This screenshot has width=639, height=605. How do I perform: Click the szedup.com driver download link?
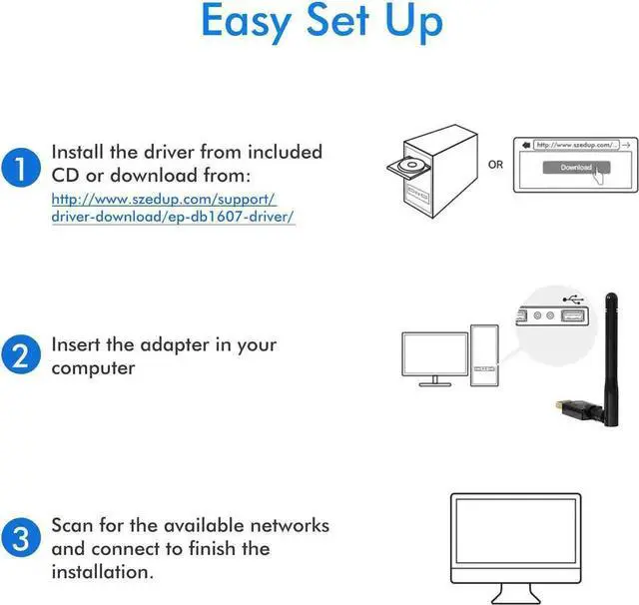pos(173,208)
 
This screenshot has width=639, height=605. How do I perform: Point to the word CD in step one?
pos(67,175)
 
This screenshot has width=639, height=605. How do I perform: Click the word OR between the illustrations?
pos(496,166)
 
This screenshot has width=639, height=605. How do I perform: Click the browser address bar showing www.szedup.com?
pos(574,145)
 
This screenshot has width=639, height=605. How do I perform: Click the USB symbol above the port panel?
pos(573,298)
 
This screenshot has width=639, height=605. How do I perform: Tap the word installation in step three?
pos(103,572)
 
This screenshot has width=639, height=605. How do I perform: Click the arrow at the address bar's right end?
pos(625,145)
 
